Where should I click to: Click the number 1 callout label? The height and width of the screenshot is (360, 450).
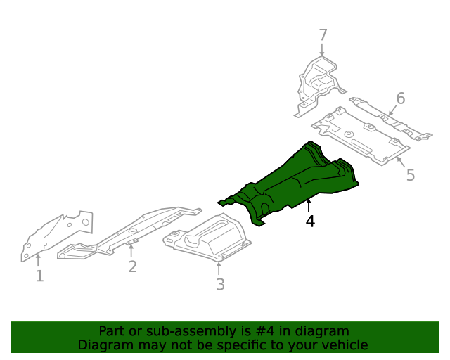point(39,276)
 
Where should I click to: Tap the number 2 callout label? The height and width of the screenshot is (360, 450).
point(132,266)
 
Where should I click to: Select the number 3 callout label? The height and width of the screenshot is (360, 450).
point(220,284)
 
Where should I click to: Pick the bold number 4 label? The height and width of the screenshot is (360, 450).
point(310,221)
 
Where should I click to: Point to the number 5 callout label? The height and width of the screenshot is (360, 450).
point(411,175)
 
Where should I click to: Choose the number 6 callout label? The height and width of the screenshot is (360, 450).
point(401,98)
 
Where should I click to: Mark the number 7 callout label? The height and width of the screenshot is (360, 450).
point(323,35)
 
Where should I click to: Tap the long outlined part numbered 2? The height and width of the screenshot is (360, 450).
point(129,233)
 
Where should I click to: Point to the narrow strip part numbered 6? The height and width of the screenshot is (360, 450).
point(390,118)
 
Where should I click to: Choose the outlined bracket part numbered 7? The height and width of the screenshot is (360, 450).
point(319,86)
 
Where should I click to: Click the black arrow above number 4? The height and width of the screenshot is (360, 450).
point(309,205)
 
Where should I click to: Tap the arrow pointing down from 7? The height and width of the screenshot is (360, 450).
point(322,50)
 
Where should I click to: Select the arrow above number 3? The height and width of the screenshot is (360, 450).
point(219,269)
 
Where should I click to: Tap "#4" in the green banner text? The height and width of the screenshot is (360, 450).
point(264,331)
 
